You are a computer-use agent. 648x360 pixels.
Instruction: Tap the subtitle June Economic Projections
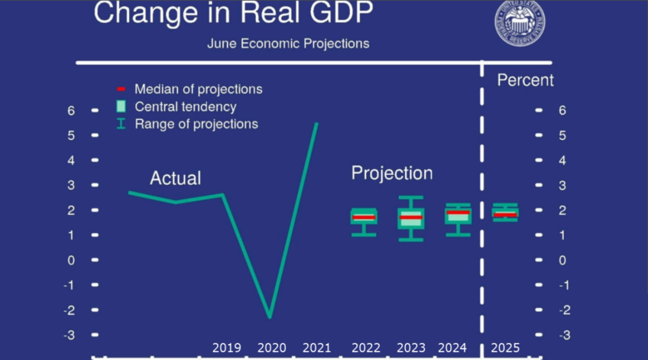coord(288,44)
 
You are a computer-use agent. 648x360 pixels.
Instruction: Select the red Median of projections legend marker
coord(121,89)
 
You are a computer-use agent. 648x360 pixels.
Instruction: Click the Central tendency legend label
coord(185,107)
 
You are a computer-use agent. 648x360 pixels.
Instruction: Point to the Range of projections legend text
coord(196,124)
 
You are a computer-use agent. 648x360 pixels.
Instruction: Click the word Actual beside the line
coord(175,178)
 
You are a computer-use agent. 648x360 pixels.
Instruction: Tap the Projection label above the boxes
coord(392,173)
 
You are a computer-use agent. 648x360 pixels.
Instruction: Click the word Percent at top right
coord(526,80)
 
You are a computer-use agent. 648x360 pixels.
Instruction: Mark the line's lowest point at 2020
coord(270,316)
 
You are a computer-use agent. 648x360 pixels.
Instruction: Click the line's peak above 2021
coord(317,124)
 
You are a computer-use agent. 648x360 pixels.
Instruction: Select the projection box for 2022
coord(364,217)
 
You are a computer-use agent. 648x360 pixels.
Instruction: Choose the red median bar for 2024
coord(458,213)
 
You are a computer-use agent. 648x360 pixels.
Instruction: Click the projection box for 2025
coord(505,212)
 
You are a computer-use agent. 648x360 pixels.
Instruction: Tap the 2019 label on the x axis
coord(227,348)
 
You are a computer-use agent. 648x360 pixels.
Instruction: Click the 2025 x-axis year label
coord(505,348)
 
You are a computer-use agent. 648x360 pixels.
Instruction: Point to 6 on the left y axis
coord(71,110)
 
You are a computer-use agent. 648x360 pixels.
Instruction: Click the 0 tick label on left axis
coord(71,260)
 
